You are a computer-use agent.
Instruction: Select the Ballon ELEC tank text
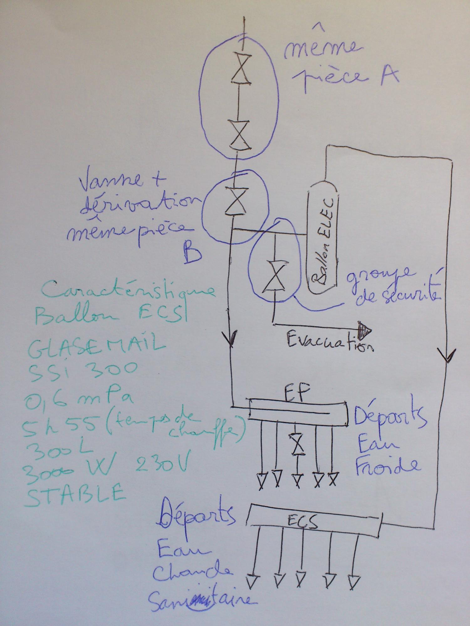click(321, 240)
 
